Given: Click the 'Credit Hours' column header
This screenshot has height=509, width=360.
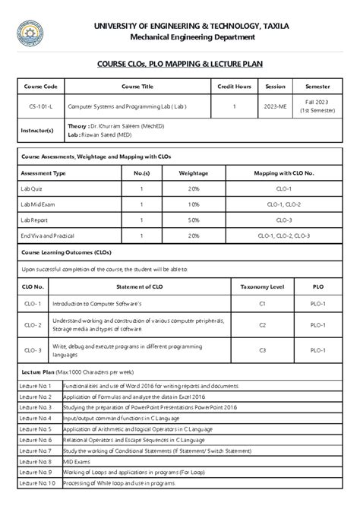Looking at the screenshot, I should [x=234, y=87].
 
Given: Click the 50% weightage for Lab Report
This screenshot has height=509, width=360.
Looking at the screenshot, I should [x=194, y=220].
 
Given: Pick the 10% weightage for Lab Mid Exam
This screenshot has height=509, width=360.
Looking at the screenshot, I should [x=194, y=204].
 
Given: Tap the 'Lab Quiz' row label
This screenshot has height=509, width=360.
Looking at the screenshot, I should [x=32, y=188].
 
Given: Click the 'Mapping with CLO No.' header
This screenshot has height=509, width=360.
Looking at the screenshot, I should [x=283, y=172].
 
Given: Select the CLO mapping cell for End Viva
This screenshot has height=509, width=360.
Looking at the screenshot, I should [x=283, y=236].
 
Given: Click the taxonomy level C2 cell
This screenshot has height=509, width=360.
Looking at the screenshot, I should [x=261, y=325].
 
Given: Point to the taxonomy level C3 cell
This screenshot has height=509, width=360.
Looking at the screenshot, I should [x=261, y=350].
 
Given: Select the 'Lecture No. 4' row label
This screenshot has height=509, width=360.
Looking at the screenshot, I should [x=36, y=418].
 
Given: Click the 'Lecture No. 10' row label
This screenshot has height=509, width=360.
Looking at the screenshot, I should [x=37, y=483].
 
